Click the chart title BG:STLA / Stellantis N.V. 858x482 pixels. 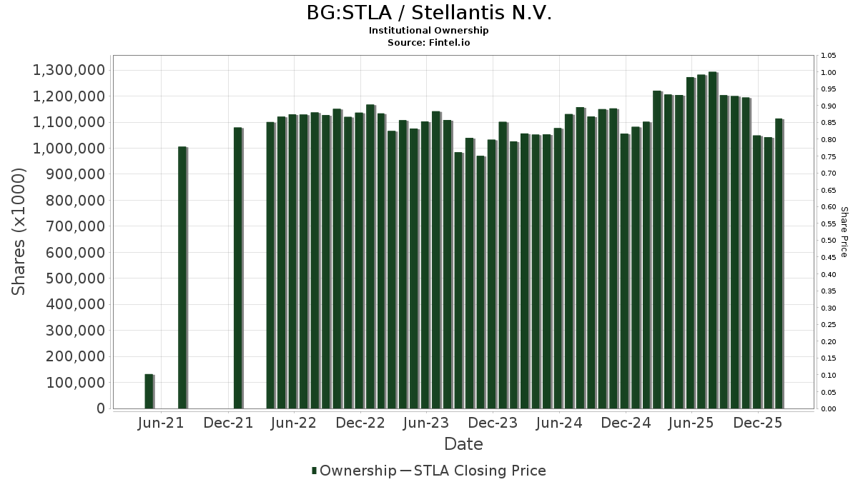tap(429, 13)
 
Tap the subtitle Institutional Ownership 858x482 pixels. tap(429, 31)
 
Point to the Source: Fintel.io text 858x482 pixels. tap(429, 42)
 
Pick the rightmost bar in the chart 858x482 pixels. tap(779, 263)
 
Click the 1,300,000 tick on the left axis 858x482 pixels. tap(69, 70)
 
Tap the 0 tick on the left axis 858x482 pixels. tap(101, 408)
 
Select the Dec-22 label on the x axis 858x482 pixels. tap(360, 423)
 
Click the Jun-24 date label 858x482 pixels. tap(559, 423)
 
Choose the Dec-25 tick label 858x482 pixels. tap(758, 423)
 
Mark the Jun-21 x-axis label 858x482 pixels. tap(161, 423)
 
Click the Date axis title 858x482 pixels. tap(463, 444)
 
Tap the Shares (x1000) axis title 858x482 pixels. tap(19, 231)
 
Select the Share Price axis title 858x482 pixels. tap(844, 231)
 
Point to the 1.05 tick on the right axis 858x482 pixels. tap(828, 56)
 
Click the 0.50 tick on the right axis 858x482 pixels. tap(828, 241)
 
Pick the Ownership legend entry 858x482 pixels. tap(354, 471)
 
